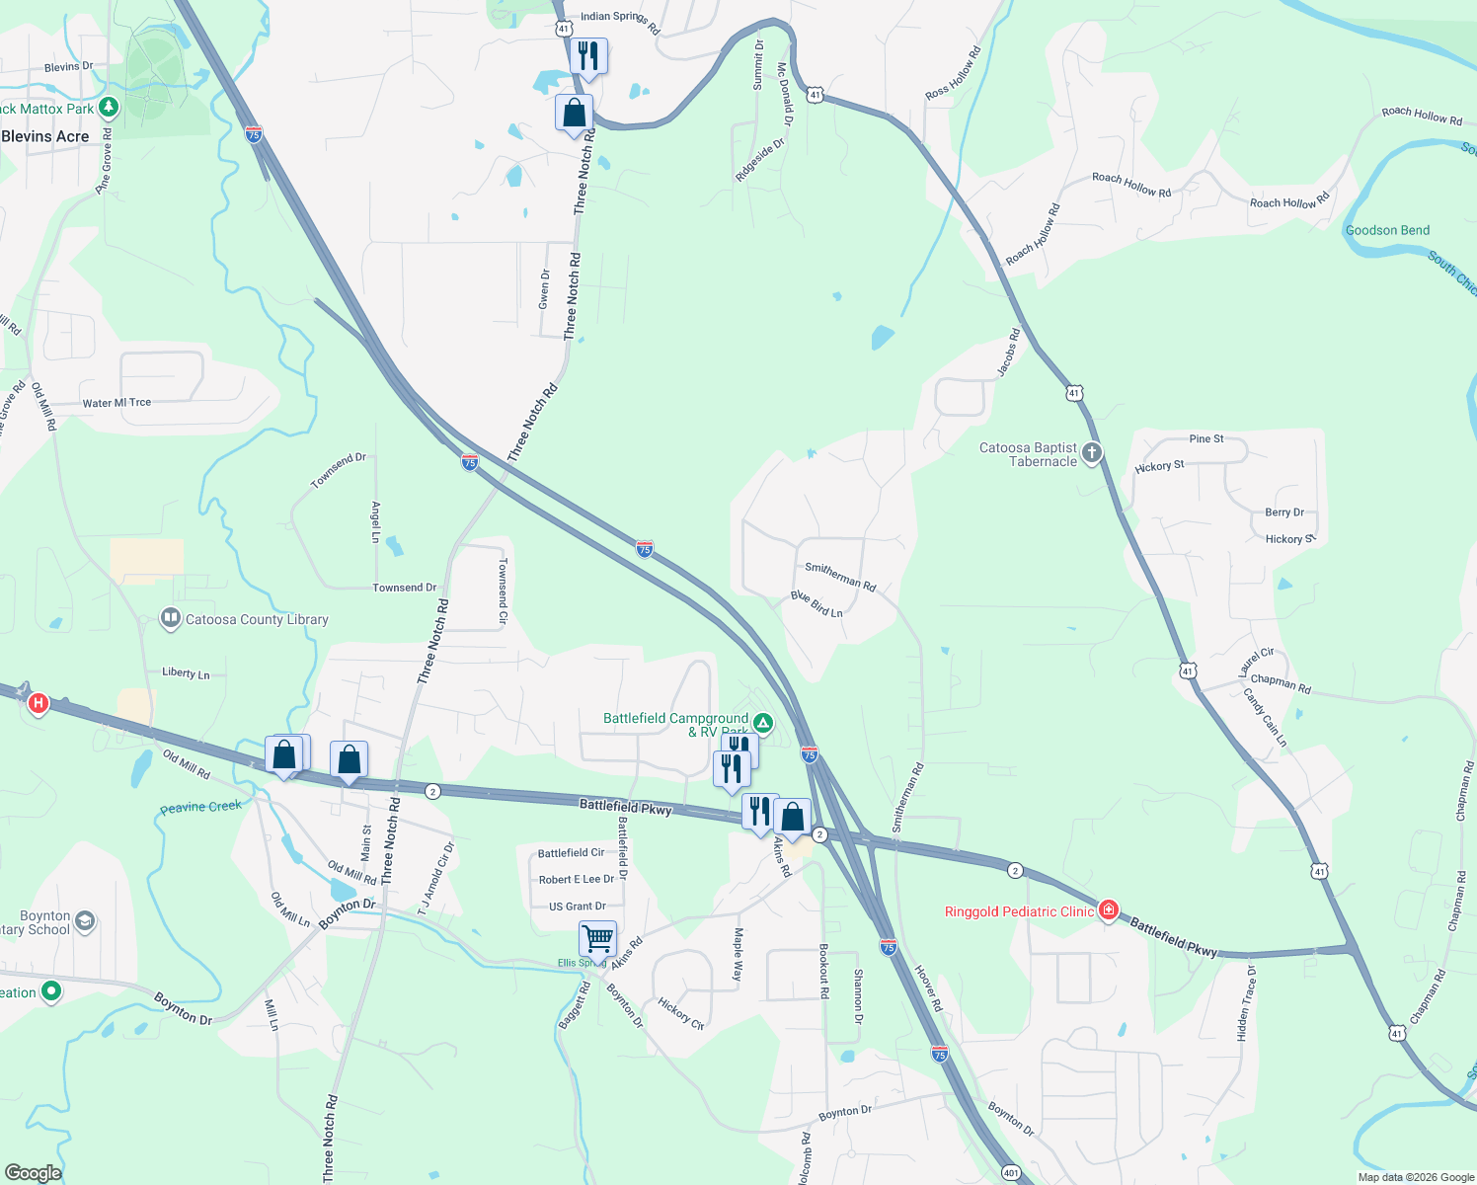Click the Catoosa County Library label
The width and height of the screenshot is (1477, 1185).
tap(257, 620)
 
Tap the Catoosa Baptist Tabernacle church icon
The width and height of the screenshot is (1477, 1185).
tap(1091, 453)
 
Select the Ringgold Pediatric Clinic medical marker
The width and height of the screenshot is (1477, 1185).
tap(1108, 910)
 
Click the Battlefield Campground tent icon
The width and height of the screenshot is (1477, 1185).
tap(763, 723)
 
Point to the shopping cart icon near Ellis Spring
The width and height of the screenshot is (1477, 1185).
tap(597, 937)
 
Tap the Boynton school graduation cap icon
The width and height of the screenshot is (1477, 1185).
tap(85, 922)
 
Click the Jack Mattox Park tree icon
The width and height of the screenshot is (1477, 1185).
tap(109, 107)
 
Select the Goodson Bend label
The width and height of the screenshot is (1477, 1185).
tap(1387, 230)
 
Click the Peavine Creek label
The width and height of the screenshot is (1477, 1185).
tap(201, 807)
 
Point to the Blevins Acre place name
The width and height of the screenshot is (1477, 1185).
tap(45, 136)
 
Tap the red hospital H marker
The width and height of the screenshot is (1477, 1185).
tap(39, 703)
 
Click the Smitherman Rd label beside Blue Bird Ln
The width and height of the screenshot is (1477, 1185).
tap(840, 576)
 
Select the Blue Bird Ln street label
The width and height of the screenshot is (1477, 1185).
tap(816, 604)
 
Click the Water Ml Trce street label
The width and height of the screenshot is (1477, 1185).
tap(117, 403)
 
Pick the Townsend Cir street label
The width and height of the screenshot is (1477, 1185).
tap(503, 591)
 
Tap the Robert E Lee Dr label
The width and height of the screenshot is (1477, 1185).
tap(577, 879)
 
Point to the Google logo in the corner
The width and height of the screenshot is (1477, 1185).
tap(33, 1173)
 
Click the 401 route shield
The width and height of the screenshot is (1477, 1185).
tap(1011, 1173)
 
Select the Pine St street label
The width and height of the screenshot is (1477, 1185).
tap(1206, 438)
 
